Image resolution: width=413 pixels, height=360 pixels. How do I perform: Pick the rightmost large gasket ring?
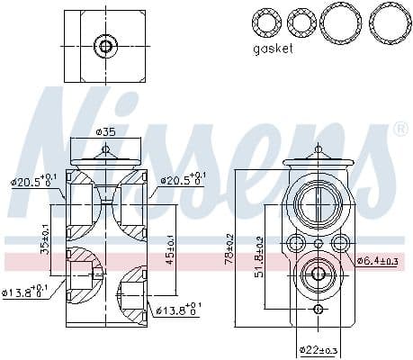click(387, 19)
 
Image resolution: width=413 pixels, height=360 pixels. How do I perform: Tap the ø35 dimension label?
click(107, 133)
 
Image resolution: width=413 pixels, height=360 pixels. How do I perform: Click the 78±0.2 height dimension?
click(231, 247)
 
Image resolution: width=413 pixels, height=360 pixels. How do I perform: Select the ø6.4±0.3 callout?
click(377, 261)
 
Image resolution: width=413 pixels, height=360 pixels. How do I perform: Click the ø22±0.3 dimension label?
click(319, 349)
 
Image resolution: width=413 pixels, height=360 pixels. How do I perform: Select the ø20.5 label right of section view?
click(183, 181)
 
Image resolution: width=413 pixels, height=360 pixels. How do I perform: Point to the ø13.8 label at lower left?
click(27, 293)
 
